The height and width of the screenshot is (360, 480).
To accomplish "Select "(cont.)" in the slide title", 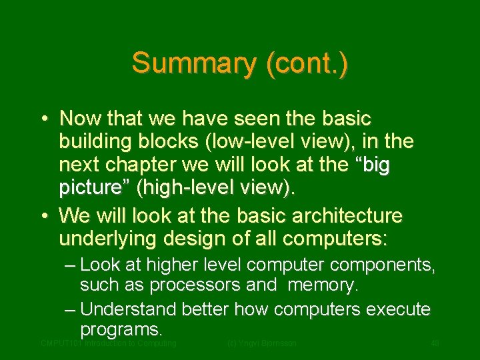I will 306,63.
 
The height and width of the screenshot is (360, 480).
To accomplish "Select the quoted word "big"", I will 373,165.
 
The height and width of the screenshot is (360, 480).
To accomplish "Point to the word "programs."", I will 121,329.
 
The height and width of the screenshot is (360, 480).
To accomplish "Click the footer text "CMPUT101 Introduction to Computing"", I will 108,343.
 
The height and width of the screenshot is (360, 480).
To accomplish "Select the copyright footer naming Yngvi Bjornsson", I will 261,343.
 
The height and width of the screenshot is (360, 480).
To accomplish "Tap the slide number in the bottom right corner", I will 435,343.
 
